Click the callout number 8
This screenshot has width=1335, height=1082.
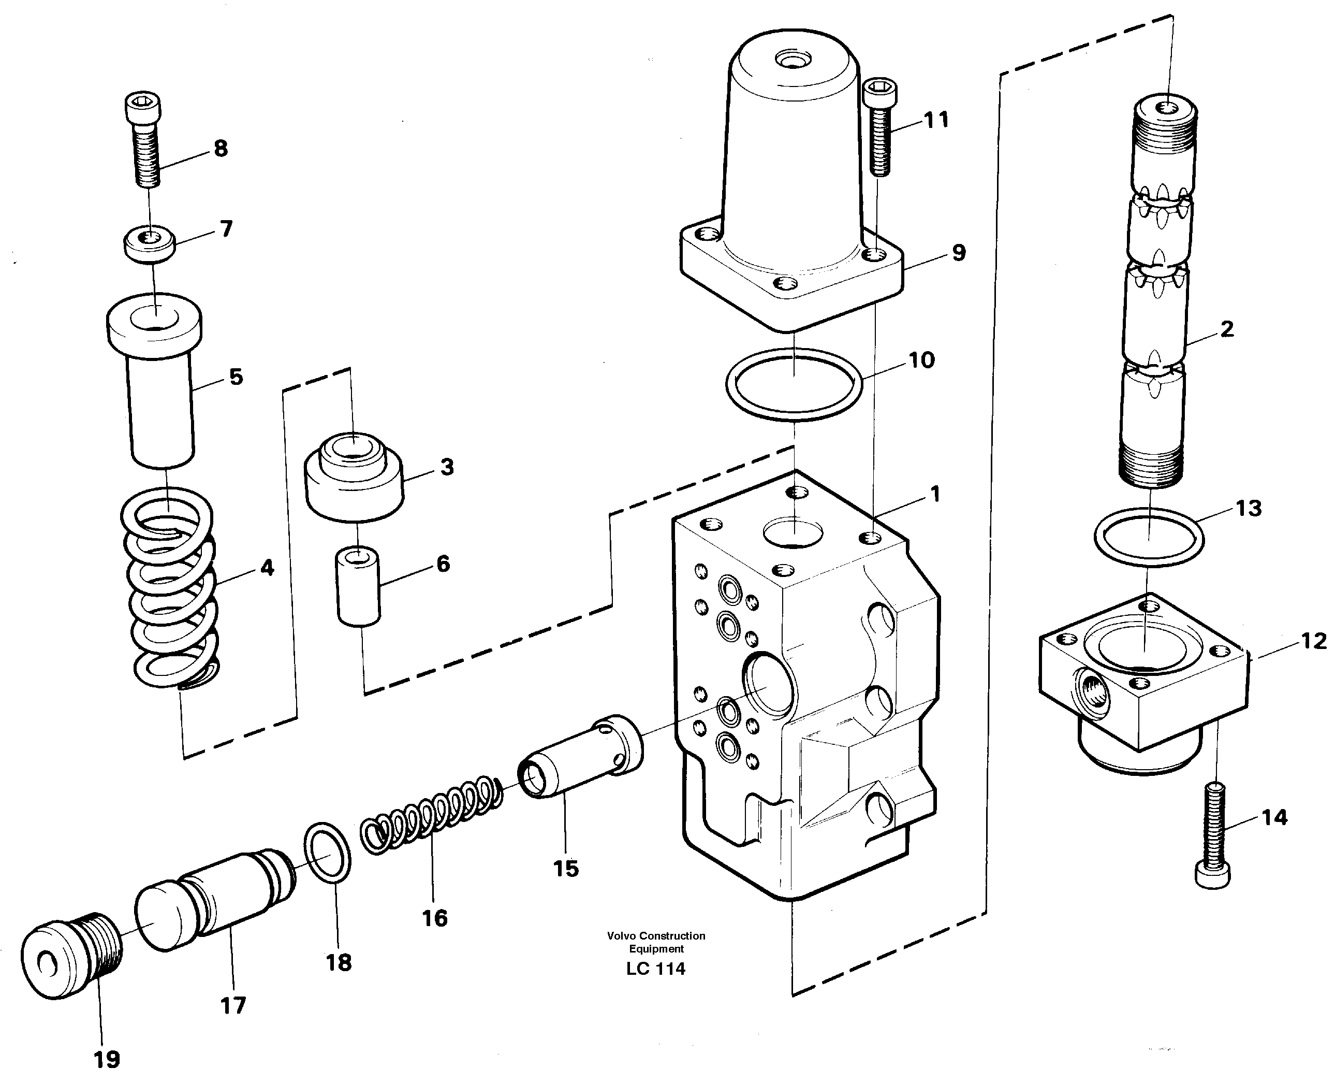click(x=221, y=149)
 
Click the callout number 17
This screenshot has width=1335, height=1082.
click(x=233, y=1005)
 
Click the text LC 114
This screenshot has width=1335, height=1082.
click(x=656, y=969)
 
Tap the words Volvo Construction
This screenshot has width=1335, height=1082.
click(x=656, y=935)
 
